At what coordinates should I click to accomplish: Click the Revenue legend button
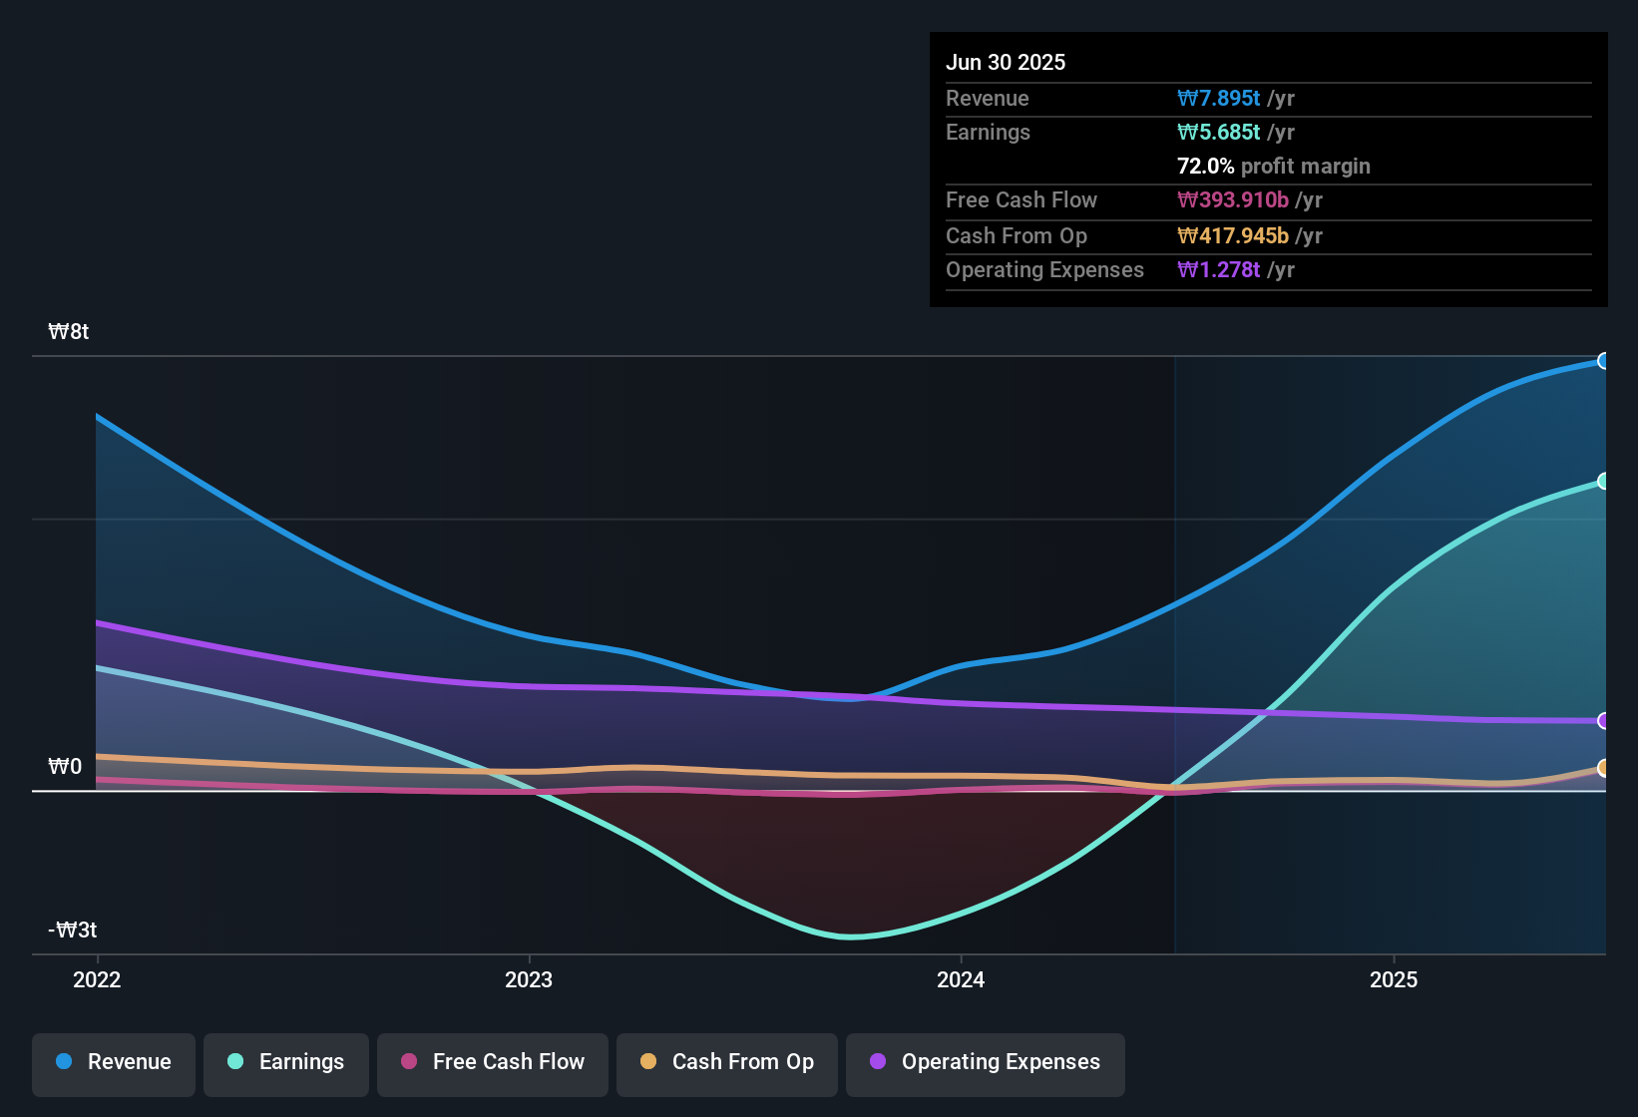click(x=114, y=1062)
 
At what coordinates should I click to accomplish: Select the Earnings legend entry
click(x=286, y=1062)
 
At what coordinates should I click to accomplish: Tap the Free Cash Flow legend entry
click(x=493, y=1062)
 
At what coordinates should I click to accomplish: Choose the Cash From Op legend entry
click(x=727, y=1062)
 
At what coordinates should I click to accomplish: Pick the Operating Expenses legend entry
click(x=986, y=1062)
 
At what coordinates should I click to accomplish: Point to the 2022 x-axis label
click(x=97, y=979)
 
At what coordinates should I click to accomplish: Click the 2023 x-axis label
click(x=529, y=979)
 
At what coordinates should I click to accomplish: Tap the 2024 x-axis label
click(x=961, y=979)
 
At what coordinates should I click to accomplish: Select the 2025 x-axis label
click(x=1394, y=979)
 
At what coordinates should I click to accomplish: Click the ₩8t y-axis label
click(x=69, y=332)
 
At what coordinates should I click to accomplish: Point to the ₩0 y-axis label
click(x=65, y=767)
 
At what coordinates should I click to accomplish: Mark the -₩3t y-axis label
click(x=73, y=931)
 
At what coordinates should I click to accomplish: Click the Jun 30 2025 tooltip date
click(x=1006, y=63)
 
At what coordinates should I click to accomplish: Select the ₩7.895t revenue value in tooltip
click(x=1218, y=99)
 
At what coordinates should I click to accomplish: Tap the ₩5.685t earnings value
click(x=1218, y=133)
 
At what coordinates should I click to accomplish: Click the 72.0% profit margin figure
click(x=1205, y=167)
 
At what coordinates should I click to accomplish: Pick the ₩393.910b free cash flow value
click(x=1233, y=200)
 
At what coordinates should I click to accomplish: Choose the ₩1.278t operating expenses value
click(x=1218, y=270)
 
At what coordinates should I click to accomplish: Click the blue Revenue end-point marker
click(x=1603, y=361)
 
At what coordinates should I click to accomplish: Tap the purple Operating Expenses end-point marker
click(x=1603, y=720)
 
